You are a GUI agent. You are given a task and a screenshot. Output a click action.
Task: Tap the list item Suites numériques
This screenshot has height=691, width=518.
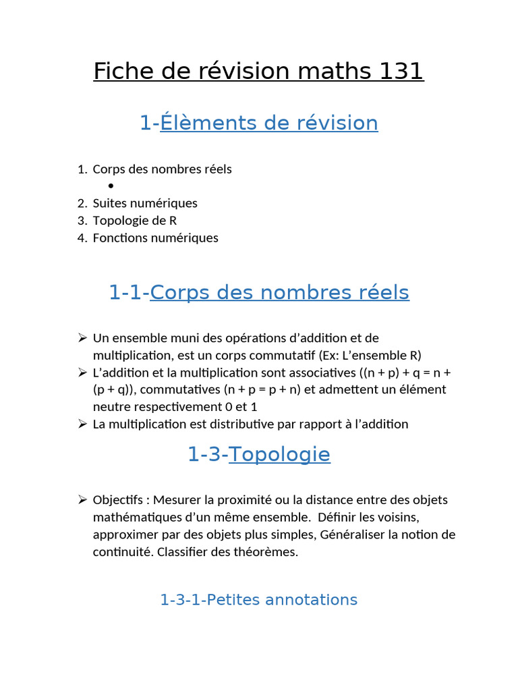pos(145,203)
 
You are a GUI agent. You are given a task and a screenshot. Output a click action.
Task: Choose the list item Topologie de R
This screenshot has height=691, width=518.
pos(135,221)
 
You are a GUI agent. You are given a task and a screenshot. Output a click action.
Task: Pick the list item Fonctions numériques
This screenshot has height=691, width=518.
pos(155,238)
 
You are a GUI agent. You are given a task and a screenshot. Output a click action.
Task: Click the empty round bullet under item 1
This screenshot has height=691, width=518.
pos(110,186)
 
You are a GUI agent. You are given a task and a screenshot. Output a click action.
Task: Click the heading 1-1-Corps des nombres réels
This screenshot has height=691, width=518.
pos(259,293)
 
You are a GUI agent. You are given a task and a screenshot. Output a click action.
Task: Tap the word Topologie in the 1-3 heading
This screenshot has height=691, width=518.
pos(279,455)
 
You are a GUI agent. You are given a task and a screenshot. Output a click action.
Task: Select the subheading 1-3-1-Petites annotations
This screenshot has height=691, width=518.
pos(259,600)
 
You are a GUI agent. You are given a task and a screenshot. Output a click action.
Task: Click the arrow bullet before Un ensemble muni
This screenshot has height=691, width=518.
pos(82,337)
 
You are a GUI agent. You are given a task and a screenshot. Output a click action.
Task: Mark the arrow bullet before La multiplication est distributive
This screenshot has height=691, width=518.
pos(82,424)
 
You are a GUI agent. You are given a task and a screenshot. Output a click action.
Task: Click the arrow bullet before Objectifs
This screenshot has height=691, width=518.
pos(82,500)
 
